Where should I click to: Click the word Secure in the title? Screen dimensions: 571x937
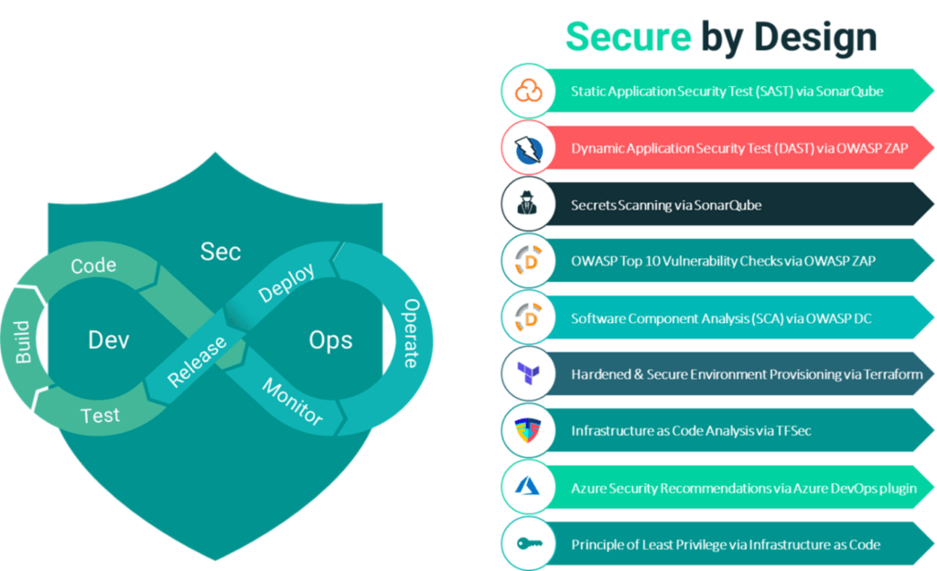click(x=628, y=37)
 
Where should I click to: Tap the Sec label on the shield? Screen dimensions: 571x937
click(x=220, y=251)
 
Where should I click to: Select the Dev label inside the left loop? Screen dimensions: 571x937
click(x=109, y=340)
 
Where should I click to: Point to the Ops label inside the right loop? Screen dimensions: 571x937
click(x=330, y=340)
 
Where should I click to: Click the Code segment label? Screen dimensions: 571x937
click(x=93, y=266)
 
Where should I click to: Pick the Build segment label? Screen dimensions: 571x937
click(x=23, y=341)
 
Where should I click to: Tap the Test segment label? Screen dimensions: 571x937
click(x=100, y=415)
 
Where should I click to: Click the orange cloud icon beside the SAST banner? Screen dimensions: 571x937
click(x=529, y=91)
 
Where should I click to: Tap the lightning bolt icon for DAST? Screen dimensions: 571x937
click(x=529, y=148)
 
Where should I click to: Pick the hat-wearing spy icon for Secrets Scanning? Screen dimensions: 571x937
click(x=529, y=205)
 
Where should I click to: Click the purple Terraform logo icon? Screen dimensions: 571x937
click(x=529, y=373)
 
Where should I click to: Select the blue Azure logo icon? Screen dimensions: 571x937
click(x=529, y=487)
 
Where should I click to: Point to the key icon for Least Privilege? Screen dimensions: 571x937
click(x=529, y=544)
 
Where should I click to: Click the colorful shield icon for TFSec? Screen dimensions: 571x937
click(x=529, y=430)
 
